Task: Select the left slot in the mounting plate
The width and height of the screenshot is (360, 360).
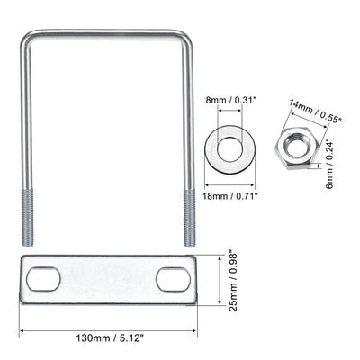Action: click(43, 280)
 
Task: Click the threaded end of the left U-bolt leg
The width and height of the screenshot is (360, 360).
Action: click(27, 217)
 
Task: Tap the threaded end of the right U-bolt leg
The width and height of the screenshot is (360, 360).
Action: click(189, 217)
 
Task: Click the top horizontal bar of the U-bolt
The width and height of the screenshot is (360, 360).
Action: click(107, 33)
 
